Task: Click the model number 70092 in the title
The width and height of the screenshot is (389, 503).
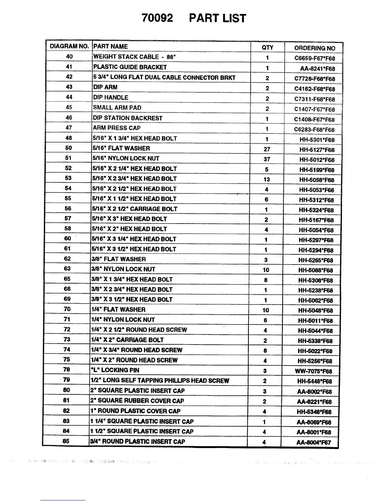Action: (x=157, y=18)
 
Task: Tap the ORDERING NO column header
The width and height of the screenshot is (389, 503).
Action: (x=315, y=48)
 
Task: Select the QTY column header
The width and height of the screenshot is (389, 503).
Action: (x=267, y=48)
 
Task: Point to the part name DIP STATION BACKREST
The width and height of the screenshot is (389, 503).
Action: (x=127, y=118)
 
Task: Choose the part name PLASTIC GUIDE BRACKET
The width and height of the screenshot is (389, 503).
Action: (x=130, y=67)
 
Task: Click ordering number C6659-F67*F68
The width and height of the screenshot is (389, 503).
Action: (x=315, y=58)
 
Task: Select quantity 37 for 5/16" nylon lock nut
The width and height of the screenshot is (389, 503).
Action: (x=267, y=159)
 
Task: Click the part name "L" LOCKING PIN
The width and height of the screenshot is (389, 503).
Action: (x=115, y=370)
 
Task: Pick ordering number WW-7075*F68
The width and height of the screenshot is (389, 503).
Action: (x=313, y=371)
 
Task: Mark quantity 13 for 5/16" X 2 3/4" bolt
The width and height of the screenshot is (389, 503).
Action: (x=267, y=179)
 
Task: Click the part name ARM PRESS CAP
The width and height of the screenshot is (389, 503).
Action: (x=117, y=128)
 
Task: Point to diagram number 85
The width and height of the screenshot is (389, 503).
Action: (x=66, y=441)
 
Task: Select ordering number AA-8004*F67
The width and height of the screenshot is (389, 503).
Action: (x=314, y=442)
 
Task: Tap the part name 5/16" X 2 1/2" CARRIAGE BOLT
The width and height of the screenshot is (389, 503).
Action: (x=135, y=209)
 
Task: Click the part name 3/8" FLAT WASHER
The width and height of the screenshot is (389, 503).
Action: (x=119, y=259)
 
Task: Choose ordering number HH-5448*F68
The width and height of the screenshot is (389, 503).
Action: (x=314, y=381)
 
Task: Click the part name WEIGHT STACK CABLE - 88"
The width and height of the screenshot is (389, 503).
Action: (x=134, y=57)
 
